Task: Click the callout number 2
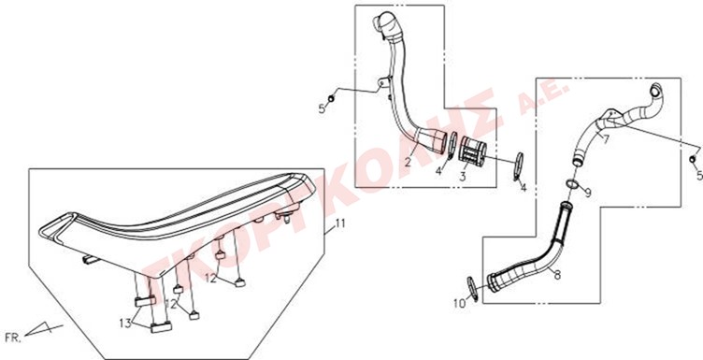click(408, 163)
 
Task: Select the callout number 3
click(462, 177)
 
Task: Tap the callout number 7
click(606, 139)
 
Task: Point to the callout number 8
click(557, 275)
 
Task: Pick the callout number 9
click(588, 193)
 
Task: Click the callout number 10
click(460, 304)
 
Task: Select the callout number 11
click(340, 223)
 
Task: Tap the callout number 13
click(125, 323)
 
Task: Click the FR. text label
click(12, 338)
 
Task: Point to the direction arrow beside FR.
click(43, 329)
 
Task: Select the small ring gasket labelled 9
click(572, 183)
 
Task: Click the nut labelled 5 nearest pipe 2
click(331, 98)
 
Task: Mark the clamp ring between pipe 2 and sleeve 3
click(452, 145)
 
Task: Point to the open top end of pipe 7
click(657, 91)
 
